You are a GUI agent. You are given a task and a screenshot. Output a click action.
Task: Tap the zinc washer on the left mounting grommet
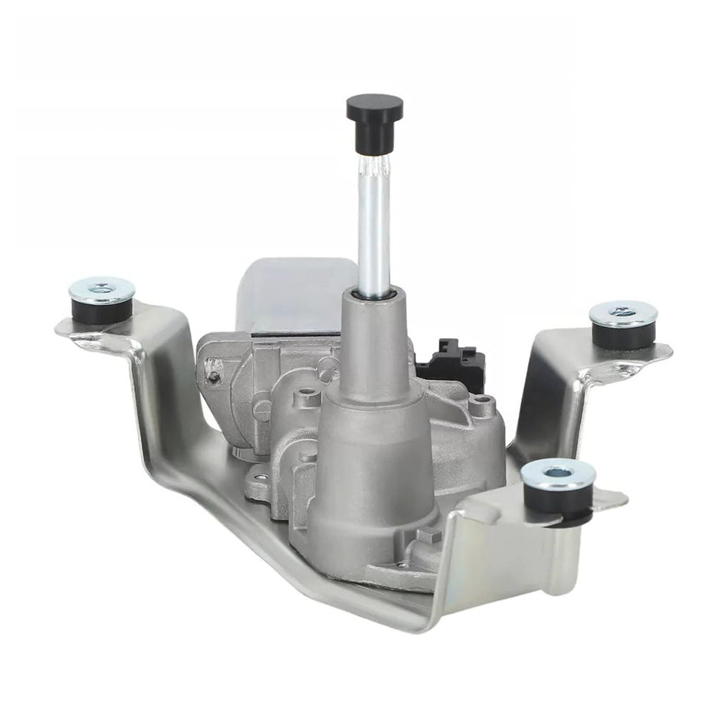[x=102, y=290]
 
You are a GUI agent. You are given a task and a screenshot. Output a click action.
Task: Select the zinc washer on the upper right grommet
[x=623, y=313]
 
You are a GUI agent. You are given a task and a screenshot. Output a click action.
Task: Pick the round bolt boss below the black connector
[x=481, y=406]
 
